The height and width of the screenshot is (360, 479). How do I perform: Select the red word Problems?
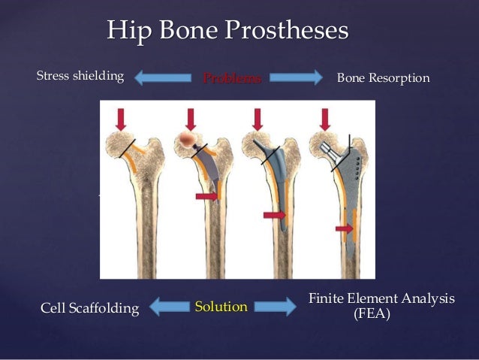click(232, 77)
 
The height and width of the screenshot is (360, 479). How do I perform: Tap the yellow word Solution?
click(221, 307)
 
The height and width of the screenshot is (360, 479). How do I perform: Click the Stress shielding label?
click(80, 76)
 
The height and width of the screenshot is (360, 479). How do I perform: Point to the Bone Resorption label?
click(383, 77)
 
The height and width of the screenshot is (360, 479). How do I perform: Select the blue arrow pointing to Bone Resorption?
click(295, 77)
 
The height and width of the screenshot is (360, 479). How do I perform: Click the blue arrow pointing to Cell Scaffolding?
click(169, 307)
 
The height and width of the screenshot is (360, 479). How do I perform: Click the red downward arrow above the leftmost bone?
click(122, 118)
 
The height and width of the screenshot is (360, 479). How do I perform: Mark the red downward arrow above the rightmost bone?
click(326, 118)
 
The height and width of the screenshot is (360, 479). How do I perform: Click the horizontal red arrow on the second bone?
click(208, 196)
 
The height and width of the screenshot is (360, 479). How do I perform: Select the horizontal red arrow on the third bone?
click(275, 216)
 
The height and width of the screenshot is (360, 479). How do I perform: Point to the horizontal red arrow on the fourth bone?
click(345, 228)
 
